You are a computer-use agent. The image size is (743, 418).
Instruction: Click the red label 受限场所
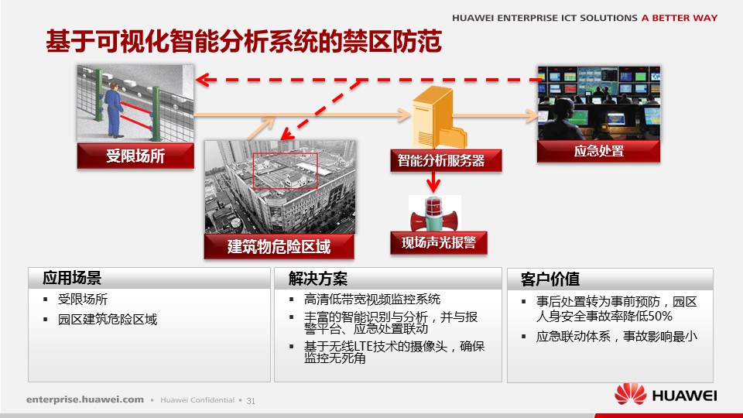click(x=135, y=156)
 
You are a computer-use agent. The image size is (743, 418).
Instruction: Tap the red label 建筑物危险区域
click(x=279, y=246)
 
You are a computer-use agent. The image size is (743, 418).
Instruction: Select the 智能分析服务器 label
click(x=446, y=161)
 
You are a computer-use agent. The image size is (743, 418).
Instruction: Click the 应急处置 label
click(x=598, y=151)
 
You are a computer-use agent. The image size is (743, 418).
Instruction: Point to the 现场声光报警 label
click(x=439, y=242)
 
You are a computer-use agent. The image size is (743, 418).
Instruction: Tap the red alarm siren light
click(x=434, y=214)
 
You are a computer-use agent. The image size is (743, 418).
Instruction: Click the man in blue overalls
click(x=114, y=110)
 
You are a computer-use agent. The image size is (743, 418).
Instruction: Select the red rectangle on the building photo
click(x=286, y=171)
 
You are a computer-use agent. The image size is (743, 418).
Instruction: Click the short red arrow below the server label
click(x=433, y=181)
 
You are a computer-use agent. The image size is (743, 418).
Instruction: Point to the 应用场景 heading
click(x=72, y=278)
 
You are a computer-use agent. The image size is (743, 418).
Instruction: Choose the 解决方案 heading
click(x=318, y=279)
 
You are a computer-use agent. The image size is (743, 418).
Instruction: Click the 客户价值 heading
click(x=550, y=279)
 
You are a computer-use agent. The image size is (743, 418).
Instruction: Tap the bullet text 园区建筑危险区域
click(x=108, y=320)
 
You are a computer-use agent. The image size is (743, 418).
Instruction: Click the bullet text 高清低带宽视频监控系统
click(x=372, y=299)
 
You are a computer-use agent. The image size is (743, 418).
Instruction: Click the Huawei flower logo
click(x=630, y=394)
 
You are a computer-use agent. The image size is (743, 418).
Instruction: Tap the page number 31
click(x=251, y=401)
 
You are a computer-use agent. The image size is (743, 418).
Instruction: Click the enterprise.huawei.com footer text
click(x=85, y=399)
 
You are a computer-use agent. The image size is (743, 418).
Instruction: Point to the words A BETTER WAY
click(x=680, y=18)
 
